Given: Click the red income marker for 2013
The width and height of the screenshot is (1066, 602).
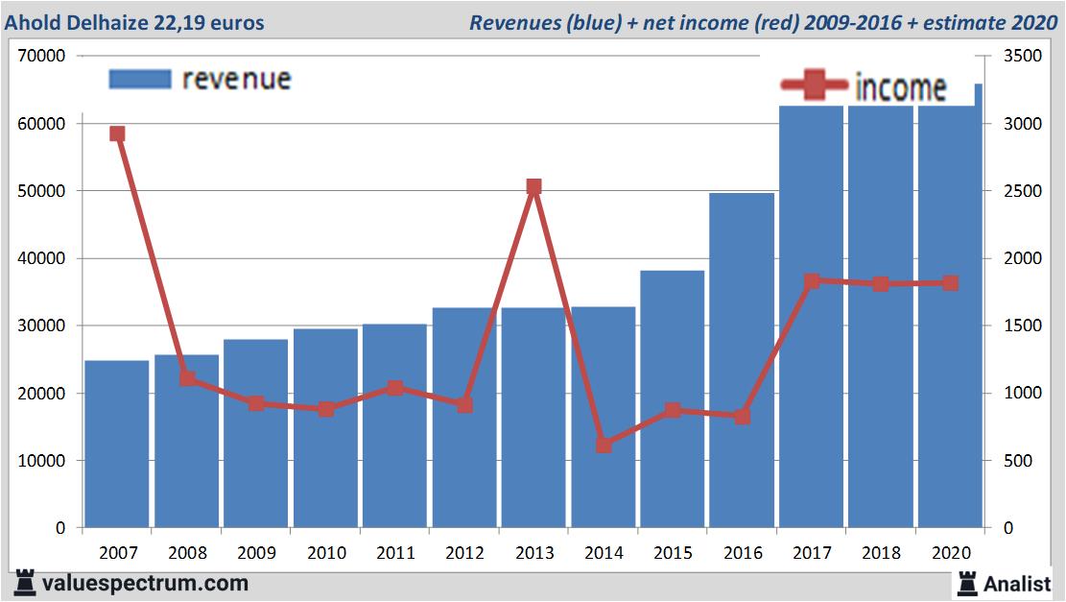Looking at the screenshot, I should click(x=534, y=187).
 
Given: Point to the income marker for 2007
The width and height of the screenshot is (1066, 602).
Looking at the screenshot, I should click(x=117, y=134).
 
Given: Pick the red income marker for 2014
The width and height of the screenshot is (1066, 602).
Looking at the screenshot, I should click(x=604, y=445).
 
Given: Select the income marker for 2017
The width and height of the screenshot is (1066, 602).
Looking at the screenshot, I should click(x=812, y=281).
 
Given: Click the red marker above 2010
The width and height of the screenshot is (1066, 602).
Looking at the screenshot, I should click(x=326, y=409).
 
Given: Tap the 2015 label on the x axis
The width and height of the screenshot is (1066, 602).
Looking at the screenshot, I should click(x=674, y=553).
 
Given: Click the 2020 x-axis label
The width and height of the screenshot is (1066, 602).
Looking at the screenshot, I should click(x=951, y=553).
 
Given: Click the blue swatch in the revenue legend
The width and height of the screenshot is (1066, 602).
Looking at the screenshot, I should click(x=140, y=79).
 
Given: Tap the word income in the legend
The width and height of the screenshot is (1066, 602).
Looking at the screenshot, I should click(x=900, y=87).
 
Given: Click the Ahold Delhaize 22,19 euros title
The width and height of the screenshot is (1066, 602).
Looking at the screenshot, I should click(x=134, y=22).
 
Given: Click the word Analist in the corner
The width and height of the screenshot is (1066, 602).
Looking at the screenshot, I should click(x=1017, y=583).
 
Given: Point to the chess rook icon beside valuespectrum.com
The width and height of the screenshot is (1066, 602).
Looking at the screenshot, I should click(x=25, y=583).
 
